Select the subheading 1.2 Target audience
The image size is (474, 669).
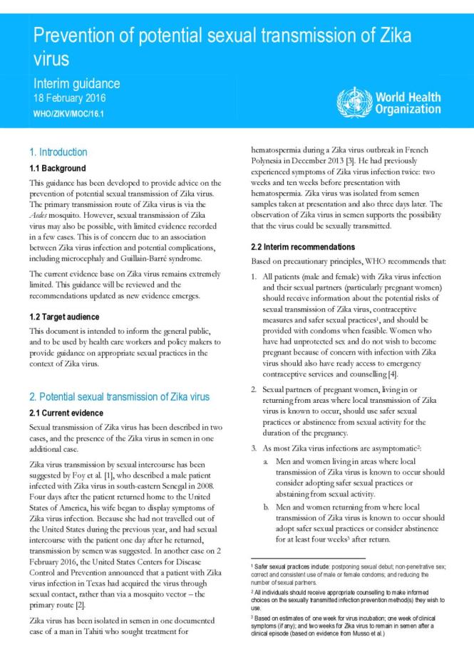(x=64, y=316)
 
